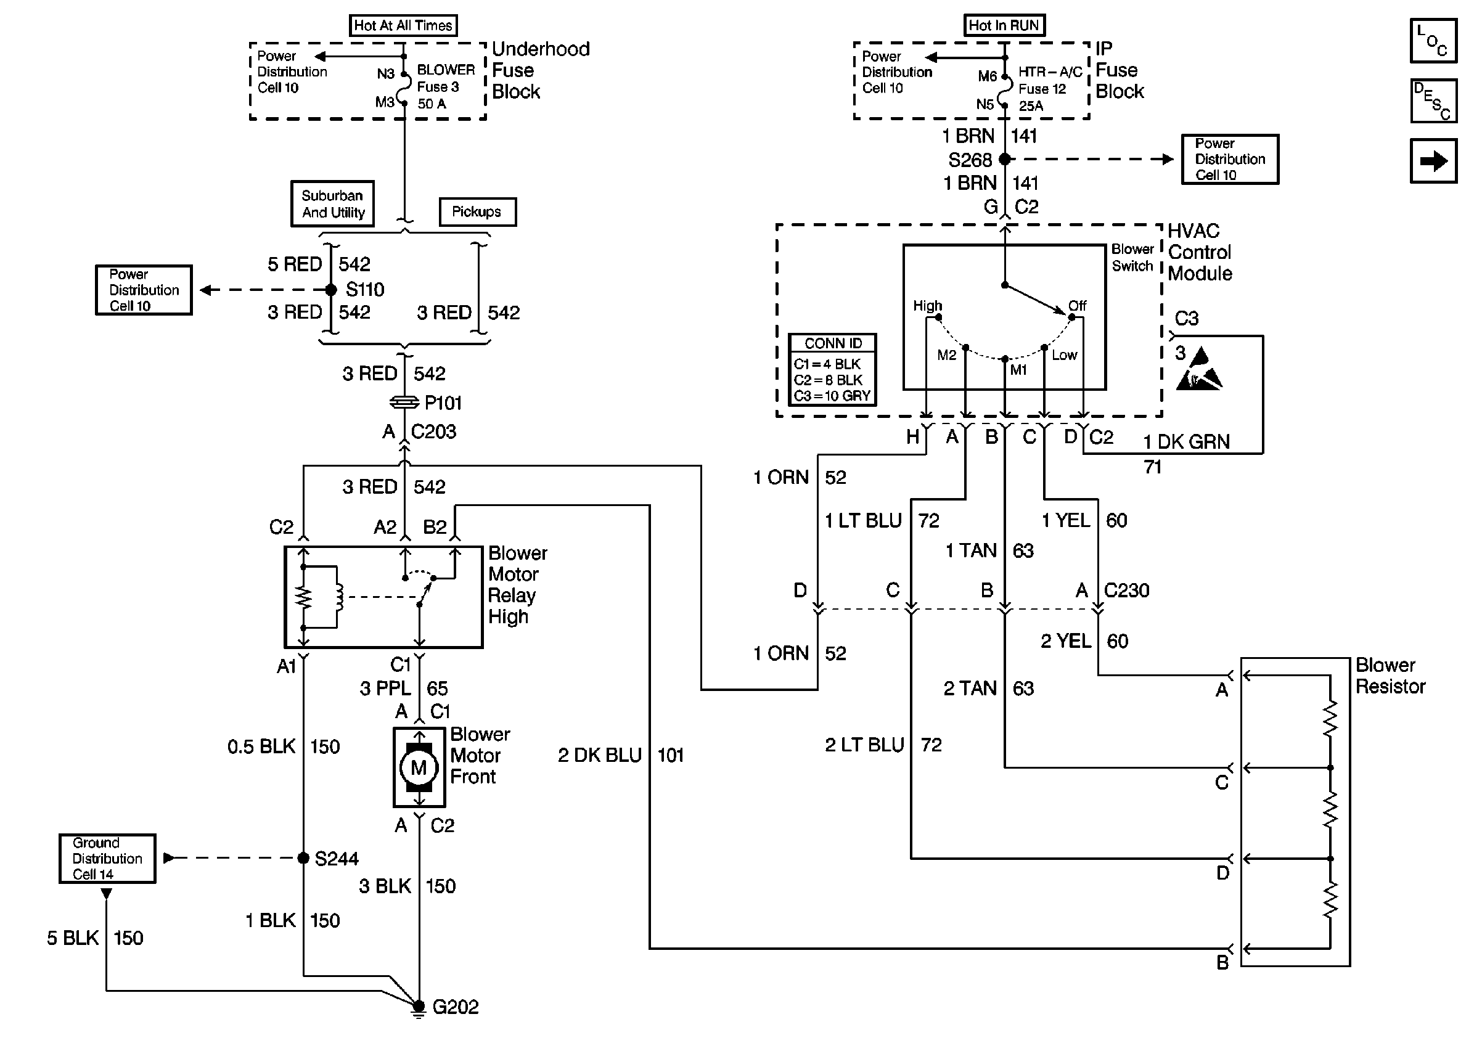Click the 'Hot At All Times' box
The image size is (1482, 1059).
[x=403, y=25]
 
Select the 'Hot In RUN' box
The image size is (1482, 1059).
[x=1004, y=25]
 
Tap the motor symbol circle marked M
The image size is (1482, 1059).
[x=419, y=767]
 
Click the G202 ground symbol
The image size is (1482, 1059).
[x=419, y=1008]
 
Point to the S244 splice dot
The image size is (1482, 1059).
[x=303, y=858]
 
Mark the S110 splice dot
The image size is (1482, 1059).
[x=331, y=290]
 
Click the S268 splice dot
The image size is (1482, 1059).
[x=1005, y=159]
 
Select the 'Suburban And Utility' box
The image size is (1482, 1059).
[x=332, y=203]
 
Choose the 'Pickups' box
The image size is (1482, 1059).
[x=477, y=212]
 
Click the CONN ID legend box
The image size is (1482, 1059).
[x=832, y=370]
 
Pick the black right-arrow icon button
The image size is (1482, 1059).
[x=1433, y=161]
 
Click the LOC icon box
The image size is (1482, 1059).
[x=1433, y=41]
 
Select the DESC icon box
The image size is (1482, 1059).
[x=1433, y=101]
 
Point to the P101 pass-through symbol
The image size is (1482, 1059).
[x=404, y=403]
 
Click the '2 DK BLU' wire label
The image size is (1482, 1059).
[x=600, y=755]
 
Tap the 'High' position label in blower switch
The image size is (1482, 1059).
[x=927, y=305]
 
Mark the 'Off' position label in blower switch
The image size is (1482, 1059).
[x=1077, y=305]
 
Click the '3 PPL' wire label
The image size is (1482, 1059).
[x=385, y=689]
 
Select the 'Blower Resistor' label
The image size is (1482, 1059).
[x=1390, y=676]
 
